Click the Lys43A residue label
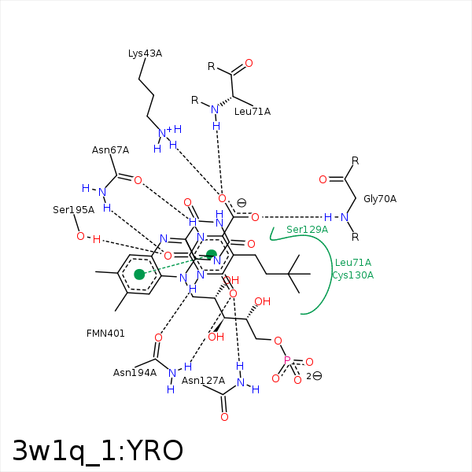click(145, 53)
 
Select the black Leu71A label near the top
click(253, 112)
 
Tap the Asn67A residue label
click(110, 150)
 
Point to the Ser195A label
click(73, 210)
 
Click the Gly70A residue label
click(380, 199)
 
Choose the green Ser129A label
click(307, 230)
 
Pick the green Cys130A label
click(352, 275)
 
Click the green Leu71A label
click(353, 263)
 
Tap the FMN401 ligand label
click(105, 334)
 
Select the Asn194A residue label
click(135, 373)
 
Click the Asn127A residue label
click(203, 381)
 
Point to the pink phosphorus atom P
click(287, 360)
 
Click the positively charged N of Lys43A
click(162, 133)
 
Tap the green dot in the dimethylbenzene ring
click(139, 275)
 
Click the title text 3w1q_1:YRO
click(98, 451)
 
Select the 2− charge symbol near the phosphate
click(314, 376)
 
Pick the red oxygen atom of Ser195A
click(80, 236)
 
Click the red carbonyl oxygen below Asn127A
click(224, 417)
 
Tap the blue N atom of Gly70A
click(345, 217)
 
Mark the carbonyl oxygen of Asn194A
click(158, 337)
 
